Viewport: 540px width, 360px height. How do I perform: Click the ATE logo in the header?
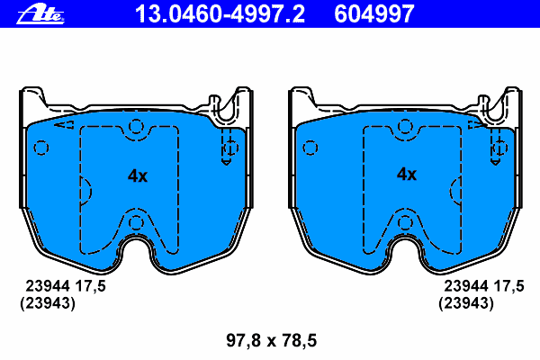tap(40, 14)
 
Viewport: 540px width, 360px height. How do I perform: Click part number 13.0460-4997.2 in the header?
tap(220, 13)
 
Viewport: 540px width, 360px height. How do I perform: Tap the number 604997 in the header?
tap(374, 13)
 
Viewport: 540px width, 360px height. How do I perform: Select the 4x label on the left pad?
tap(138, 175)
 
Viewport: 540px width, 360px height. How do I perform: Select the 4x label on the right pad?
tap(407, 175)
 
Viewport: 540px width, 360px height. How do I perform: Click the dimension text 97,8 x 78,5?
tap(272, 340)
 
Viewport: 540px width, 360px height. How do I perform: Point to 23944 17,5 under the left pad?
tap(66, 286)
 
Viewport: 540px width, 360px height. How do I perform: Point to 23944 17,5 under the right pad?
tap(484, 286)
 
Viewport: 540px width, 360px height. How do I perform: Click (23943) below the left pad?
tap(48, 303)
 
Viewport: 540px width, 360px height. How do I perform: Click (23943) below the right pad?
tap(466, 303)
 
